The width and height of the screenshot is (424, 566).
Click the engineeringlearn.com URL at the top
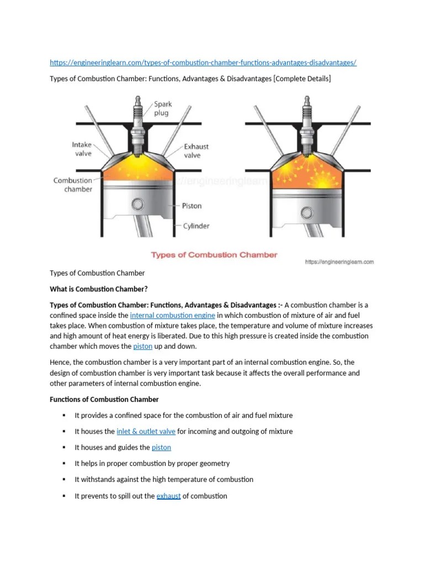click(203, 63)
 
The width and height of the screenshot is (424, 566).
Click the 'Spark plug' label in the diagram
click(163, 108)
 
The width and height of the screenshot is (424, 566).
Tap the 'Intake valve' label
click(82, 149)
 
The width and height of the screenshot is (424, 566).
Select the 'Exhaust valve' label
click(196, 151)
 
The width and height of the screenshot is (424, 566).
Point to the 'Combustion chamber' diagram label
click(73, 185)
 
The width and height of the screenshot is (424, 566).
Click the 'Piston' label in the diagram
click(192, 206)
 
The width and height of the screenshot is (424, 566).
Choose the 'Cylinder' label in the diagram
click(195, 226)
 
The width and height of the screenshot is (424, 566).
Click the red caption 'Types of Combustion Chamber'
click(214, 255)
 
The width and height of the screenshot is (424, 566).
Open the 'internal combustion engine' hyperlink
click(172, 316)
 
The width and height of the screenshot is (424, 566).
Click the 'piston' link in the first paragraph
click(141, 347)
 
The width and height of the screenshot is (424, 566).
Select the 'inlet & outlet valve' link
click(146, 431)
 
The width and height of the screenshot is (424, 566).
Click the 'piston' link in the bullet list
click(161, 447)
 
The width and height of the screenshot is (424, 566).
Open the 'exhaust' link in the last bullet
click(168, 496)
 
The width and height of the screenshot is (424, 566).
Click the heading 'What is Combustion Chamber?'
click(99, 289)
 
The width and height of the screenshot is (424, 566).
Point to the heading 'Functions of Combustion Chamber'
click(104, 399)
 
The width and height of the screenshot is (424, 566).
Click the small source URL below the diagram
click(339, 262)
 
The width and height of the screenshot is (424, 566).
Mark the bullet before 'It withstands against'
click(64, 479)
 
